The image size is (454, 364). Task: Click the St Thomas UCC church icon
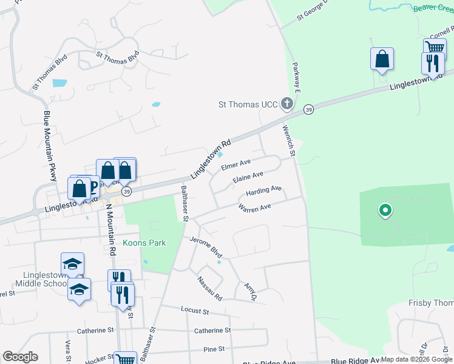pos(287,104)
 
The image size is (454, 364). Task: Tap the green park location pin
pos(385,211)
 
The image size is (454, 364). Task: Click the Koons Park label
pos(144,243)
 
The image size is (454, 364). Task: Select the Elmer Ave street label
pos(236,164)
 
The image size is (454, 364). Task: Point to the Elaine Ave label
pos(248,177)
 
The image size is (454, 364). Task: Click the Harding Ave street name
pos(263,192)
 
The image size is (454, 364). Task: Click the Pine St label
pos(214,349)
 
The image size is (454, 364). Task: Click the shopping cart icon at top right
pos(435,48)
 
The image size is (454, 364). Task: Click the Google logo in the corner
pos(20,357)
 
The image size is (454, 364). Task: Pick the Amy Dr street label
pos(250,290)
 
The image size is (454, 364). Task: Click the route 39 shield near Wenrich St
pos(308,109)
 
